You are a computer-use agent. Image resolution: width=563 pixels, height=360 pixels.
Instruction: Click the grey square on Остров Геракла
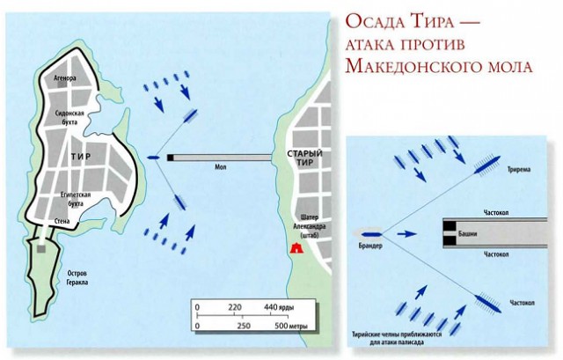[x=40, y=248]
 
